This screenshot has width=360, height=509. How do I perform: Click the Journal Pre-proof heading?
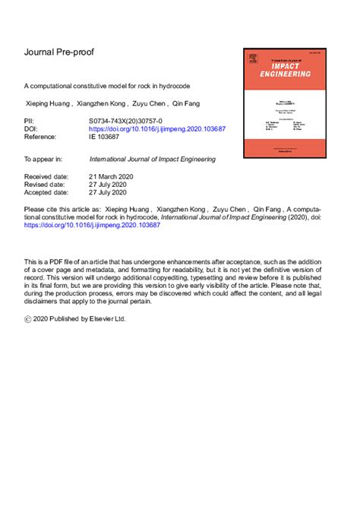coord(59,52)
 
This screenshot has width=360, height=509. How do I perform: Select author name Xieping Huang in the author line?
coord(48,105)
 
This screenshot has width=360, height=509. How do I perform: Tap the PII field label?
coord(30,121)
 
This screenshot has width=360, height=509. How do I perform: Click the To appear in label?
coord(43,160)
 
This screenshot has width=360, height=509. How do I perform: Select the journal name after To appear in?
coord(153,160)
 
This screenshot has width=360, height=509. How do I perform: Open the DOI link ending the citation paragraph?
coord(93,226)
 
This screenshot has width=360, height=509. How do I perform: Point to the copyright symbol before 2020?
coord(28,320)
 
